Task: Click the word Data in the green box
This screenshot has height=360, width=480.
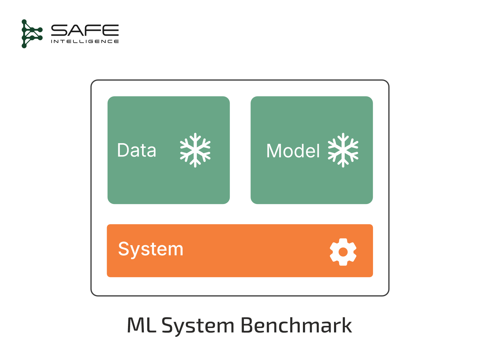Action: click(137, 150)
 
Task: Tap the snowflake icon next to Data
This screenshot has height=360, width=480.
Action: click(195, 150)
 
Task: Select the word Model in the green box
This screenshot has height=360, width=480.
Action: click(293, 151)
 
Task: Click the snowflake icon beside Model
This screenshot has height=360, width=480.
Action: click(343, 150)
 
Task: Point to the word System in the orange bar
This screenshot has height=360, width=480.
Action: click(151, 249)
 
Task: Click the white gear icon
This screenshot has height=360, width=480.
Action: click(343, 252)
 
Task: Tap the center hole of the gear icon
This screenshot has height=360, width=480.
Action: click(343, 252)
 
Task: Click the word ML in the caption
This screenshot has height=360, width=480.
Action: click(141, 325)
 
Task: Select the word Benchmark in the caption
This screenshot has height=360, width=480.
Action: click(296, 325)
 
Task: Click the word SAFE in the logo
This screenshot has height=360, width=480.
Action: click(85, 30)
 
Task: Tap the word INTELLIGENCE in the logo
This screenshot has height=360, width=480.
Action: click(85, 41)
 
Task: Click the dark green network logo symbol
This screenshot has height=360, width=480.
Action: click(31, 34)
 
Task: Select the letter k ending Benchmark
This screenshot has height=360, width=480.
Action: click(346, 325)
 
